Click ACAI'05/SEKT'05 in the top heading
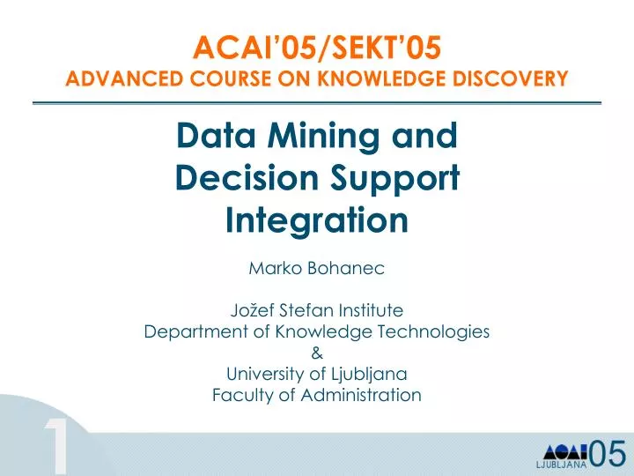tap(316, 46)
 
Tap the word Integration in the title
tap(317, 219)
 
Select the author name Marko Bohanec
tap(317, 269)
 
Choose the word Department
tap(189, 331)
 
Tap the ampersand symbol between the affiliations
tap(317, 353)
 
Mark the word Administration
tap(366, 395)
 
